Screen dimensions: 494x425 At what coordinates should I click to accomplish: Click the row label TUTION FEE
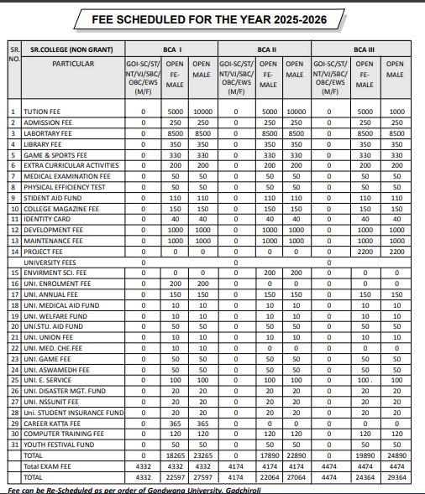(44, 112)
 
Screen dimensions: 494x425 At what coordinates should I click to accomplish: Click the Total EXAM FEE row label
(48, 465)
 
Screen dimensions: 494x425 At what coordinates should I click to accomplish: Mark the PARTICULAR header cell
(73, 63)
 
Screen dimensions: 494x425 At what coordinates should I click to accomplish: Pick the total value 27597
(202, 476)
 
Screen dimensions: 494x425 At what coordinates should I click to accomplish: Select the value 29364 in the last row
(394, 476)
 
